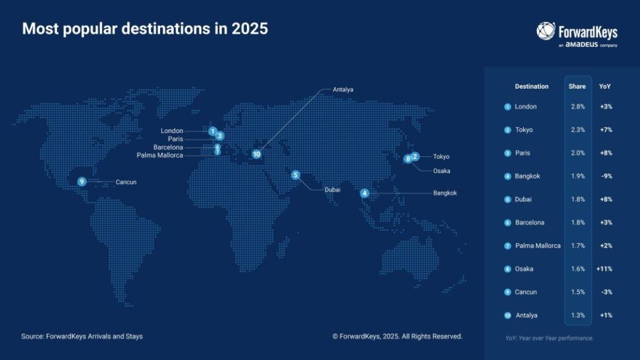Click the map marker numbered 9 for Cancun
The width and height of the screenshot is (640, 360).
[x=82, y=182]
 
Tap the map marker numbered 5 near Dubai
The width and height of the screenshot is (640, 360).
[x=296, y=175]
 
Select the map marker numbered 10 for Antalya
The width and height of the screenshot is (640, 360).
[x=256, y=154]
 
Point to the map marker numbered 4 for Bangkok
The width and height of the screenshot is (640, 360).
[x=364, y=193]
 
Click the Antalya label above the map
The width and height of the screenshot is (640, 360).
[x=343, y=89]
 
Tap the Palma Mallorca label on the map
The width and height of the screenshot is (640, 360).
[x=160, y=155]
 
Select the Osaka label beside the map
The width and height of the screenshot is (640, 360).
[x=442, y=171]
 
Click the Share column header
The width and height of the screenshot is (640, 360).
[x=577, y=86]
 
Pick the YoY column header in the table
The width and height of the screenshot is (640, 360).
[x=605, y=86]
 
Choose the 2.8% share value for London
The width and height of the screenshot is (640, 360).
[x=578, y=106]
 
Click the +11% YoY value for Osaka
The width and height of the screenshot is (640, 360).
[x=604, y=269]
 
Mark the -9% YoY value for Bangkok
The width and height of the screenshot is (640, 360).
[x=606, y=176]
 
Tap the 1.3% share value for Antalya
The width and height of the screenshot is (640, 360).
[x=578, y=315]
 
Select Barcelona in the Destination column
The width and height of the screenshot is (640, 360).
[x=530, y=222]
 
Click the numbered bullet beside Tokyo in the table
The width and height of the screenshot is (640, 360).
[x=507, y=130]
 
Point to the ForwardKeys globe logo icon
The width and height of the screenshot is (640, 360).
[x=546, y=31]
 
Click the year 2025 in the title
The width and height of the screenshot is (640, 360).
[x=250, y=29]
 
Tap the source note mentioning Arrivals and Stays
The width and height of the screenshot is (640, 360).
[x=82, y=336]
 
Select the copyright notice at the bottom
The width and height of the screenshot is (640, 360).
[x=397, y=336]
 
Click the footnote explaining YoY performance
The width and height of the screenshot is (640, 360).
[x=549, y=338]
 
